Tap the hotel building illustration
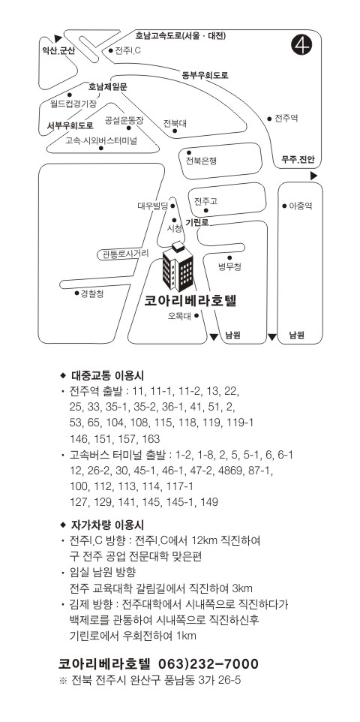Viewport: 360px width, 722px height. click(178, 266)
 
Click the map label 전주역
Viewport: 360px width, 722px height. click(286, 119)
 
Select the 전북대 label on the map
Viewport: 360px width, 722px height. click(175, 123)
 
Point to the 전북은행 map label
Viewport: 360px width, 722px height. click(201, 161)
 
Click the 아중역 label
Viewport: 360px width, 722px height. click(301, 206)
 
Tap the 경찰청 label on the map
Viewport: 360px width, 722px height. click(92, 293)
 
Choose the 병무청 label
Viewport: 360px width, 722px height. click(229, 266)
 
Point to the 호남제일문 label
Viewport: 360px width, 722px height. click(108, 86)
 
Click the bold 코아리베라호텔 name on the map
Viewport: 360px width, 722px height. click(190, 301)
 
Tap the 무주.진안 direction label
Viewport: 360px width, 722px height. click(298, 160)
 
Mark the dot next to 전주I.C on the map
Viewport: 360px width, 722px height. click(110, 50)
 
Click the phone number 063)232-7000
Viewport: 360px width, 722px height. click(208, 663)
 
